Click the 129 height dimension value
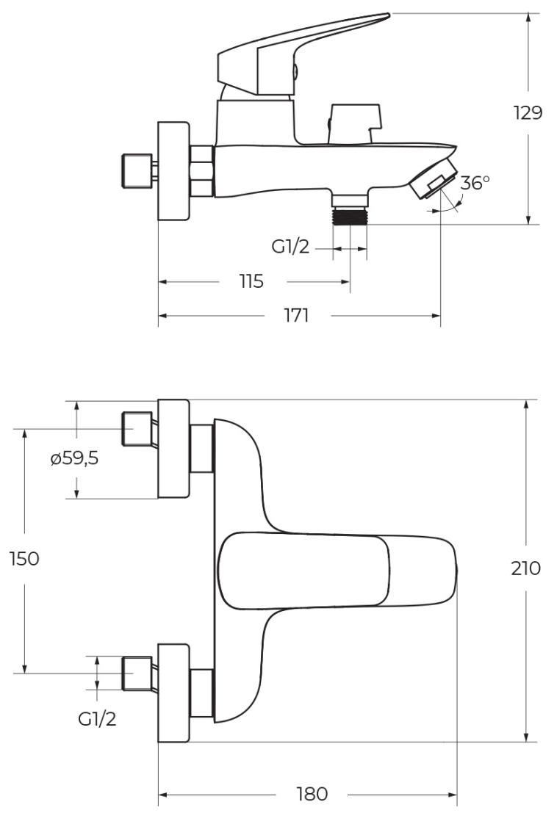528,113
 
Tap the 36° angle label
475,183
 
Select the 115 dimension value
251,281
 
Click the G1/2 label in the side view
290,248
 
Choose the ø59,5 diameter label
74,460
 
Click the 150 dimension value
24,558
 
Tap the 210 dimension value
525,568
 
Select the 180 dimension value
311,794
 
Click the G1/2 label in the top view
97,718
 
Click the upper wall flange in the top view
174,448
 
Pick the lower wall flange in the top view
174,693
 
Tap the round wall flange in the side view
174,170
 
